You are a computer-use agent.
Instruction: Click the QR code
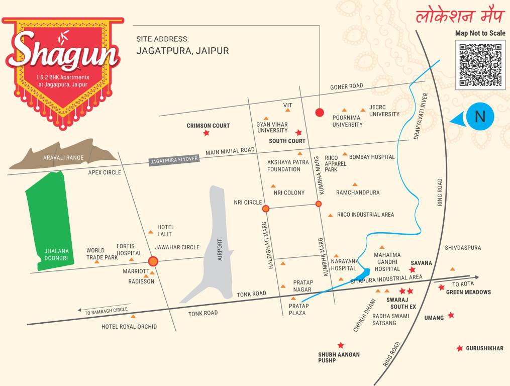coord(480,65)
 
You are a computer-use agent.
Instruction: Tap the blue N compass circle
coord(480,117)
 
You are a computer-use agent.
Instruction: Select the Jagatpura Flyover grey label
coord(174,160)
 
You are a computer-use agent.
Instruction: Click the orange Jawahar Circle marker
coord(153,261)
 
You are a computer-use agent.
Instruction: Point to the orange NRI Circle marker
coord(266,208)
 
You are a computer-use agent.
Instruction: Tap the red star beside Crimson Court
coord(206,133)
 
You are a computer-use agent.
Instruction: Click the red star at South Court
coord(298,133)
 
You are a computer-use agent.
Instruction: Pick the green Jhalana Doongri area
coord(48,221)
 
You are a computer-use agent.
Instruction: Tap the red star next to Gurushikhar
coord(459,348)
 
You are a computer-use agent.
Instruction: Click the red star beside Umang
coord(451,315)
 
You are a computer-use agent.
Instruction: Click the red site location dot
coord(319,112)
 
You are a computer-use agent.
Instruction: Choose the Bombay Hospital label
coord(372,157)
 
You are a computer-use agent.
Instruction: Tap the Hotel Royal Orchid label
coord(129,327)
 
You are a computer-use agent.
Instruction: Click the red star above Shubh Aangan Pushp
coord(341,345)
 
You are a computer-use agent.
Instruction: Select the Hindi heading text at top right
coord(459,16)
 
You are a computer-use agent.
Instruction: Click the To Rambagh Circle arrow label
coord(106,310)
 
